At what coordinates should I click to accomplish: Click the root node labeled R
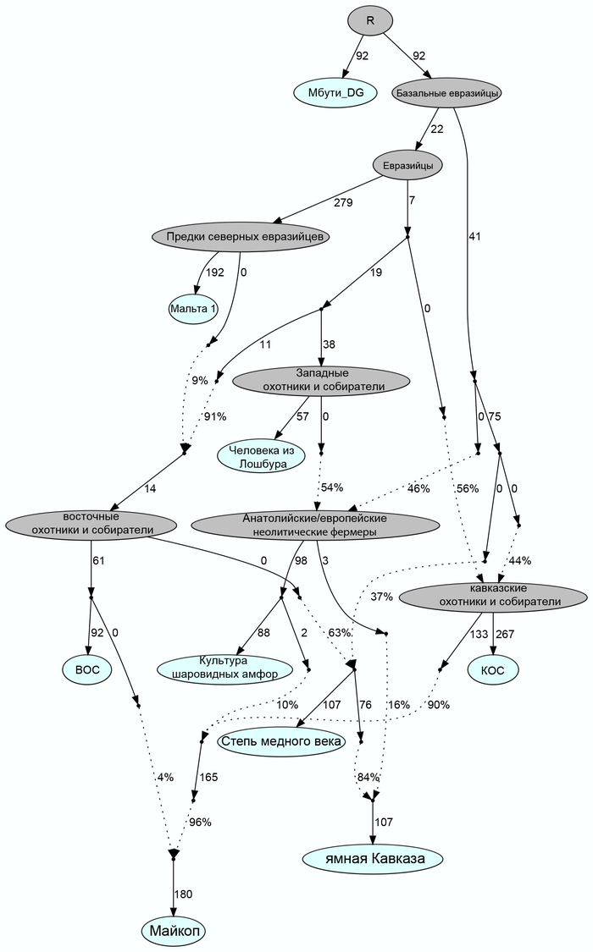[x=369, y=19]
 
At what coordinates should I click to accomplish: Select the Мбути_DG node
[x=335, y=92]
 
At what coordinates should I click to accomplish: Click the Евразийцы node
[x=407, y=166]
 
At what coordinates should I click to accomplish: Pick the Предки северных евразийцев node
[x=239, y=236]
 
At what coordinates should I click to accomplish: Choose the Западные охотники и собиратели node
[x=322, y=380]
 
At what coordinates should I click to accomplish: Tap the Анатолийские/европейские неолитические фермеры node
[x=314, y=525]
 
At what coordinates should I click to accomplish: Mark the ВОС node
[x=87, y=669]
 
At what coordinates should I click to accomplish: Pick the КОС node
[x=492, y=669]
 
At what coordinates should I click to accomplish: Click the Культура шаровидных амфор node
[x=224, y=668]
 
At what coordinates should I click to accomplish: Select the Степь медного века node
[x=281, y=742]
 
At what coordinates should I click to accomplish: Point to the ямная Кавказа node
[x=373, y=859]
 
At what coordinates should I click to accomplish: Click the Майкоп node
[x=173, y=931]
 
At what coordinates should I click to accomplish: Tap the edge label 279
[x=343, y=202]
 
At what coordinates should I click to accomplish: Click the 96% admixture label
[x=200, y=822]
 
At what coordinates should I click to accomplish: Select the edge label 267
[x=504, y=634]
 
